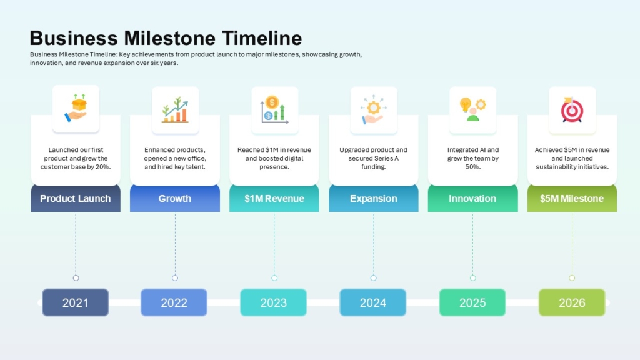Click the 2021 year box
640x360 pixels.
(76, 302)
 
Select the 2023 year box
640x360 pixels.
(274, 302)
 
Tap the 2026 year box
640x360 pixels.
(572, 302)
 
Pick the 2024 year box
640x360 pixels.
(373, 302)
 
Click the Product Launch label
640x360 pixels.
(76, 199)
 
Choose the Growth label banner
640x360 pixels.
(175, 199)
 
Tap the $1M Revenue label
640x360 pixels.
(274, 199)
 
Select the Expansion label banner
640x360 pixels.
(373, 199)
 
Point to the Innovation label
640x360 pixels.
(472, 199)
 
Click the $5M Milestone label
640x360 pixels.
(572, 199)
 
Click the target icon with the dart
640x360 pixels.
(571, 110)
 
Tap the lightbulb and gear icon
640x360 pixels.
(472, 109)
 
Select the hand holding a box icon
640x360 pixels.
(76, 109)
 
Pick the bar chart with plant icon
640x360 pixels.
(175, 110)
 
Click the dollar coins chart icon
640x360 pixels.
(274, 109)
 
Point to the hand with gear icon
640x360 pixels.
(373, 109)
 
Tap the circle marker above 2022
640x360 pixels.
(175, 278)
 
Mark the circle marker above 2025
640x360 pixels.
(472, 278)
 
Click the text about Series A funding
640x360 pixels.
(373, 158)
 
